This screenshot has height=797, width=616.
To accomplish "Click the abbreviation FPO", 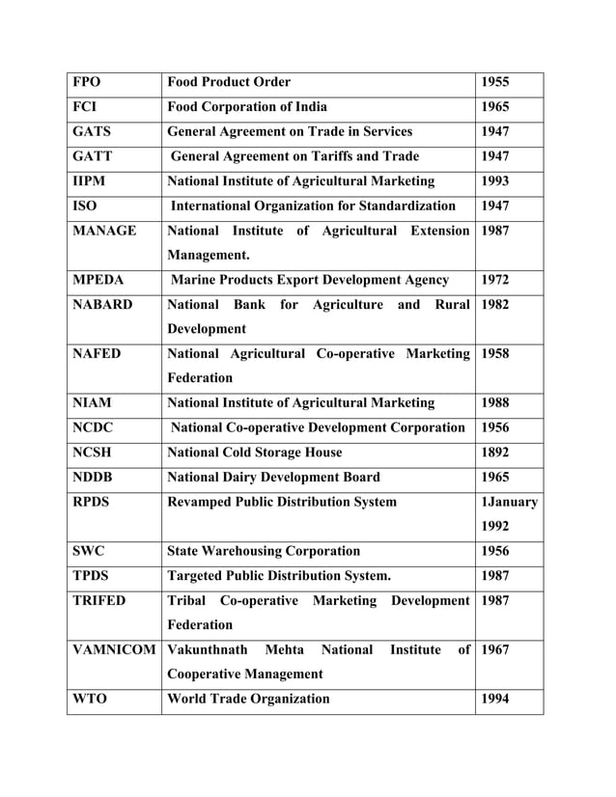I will pyautogui.click(x=88, y=82).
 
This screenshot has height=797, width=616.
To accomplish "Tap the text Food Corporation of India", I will pyautogui.click(x=247, y=107).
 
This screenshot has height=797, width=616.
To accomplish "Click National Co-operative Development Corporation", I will pyautogui.click(x=318, y=427).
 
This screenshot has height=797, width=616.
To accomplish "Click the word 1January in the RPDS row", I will pyautogui.click(x=510, y=502).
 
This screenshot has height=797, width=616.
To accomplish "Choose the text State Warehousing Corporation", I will pyautogui.click(x=264, y=552).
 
